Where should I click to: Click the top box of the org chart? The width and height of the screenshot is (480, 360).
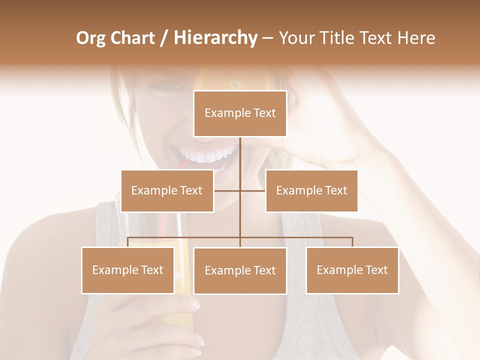[240, 113]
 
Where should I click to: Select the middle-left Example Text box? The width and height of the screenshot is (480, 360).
[167, 190]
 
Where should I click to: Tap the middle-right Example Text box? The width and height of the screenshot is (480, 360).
[311, 190]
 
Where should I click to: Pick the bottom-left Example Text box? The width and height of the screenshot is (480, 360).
[128, 270]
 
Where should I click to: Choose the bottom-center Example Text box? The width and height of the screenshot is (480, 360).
[240, 270]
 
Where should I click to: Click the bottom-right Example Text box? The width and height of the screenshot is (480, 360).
[352, 270]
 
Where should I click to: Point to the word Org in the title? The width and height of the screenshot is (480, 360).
[90, 38]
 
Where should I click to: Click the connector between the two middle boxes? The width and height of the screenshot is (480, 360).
[240, 190]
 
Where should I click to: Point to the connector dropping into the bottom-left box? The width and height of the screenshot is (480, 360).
[128, 242]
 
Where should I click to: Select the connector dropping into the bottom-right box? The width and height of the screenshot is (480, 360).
[352, 242]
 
